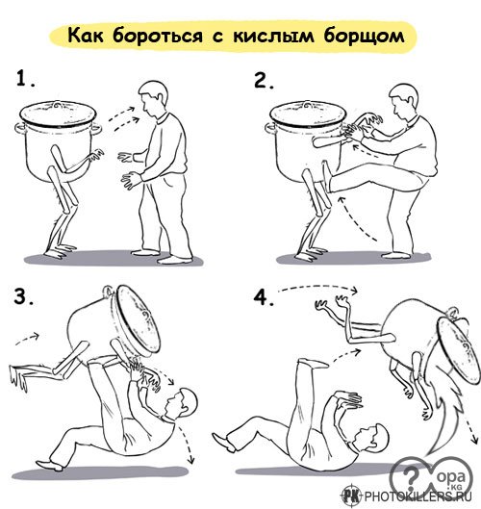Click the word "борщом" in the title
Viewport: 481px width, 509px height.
[364, 37]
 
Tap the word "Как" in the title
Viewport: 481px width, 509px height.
[86, 35]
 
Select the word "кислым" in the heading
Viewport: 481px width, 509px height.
[273, 36]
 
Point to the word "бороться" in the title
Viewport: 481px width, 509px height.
[158, 36]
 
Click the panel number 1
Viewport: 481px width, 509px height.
[25, 79]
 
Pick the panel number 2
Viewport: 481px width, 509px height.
[264, 81]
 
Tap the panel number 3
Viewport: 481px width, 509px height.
[23, 296]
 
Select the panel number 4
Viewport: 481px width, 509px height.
[263, 297]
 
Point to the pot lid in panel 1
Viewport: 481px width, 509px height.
[58, 115]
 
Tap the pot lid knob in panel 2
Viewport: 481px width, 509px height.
[307, 105]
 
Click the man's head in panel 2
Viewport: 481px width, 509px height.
[403, 100]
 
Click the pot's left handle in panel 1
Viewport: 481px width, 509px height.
[19, 129]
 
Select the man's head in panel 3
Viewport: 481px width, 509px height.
[181, 403]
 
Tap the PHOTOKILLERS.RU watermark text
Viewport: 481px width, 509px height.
[418, 496]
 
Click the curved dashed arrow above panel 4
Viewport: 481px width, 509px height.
[318, 287]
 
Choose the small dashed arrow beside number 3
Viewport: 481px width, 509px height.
[28, 339]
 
